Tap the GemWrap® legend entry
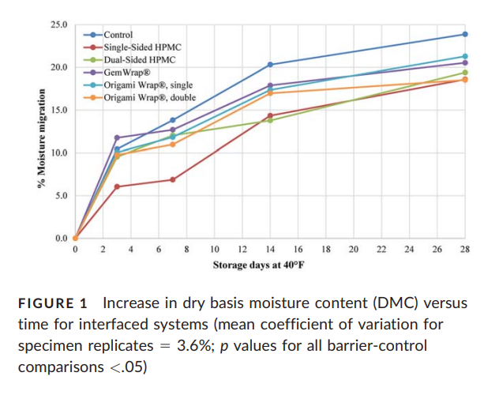point(126,73)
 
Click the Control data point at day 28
point(464,34)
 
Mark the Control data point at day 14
point(270,64)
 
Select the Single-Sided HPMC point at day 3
point(117,186)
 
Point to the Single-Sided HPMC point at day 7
point(172,179)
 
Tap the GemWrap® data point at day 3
point(117,137)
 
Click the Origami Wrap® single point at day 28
point(464,56)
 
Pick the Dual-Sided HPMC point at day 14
point(270,120)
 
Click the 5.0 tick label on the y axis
point(61,195)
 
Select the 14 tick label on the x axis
point(270,250)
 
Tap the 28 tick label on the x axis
point(464,250)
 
